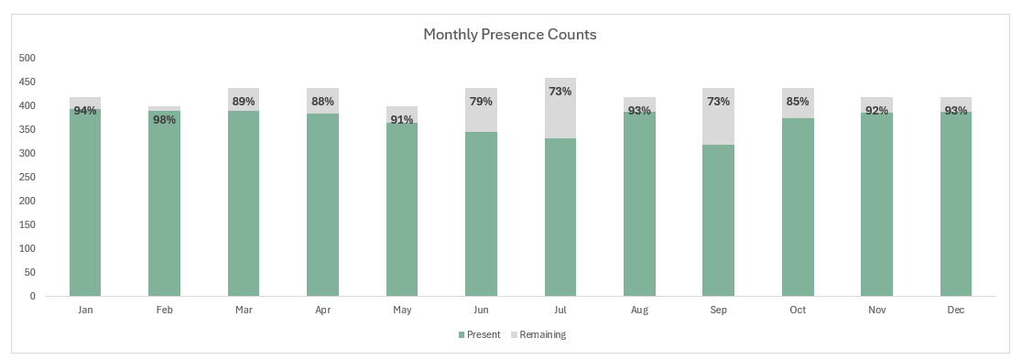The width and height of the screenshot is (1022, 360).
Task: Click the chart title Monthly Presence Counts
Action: [x=509, y=35]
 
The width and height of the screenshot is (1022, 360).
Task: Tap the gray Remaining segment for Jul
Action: [x=560, y=115]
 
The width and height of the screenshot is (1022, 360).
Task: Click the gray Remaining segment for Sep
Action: [x=719, y=124]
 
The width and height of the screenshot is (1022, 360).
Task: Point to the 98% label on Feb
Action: [x=165, y=120]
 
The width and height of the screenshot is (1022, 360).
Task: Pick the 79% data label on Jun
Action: [x=482, y=101]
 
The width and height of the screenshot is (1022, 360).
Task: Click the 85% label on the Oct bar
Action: [x=798, y=102]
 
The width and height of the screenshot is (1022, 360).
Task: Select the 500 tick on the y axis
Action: [x=27, y=58]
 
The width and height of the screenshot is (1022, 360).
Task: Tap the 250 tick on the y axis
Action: [x=27, y=177]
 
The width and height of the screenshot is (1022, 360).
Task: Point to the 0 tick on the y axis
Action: [x=32, y=296]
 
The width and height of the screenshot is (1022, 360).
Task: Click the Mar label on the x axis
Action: [x=244, y=311]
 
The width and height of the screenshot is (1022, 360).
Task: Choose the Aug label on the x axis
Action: [x=639, y=311]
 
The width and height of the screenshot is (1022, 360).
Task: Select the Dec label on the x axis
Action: [x=956, y=311]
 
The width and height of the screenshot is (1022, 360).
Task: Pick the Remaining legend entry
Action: [x=542, y=334]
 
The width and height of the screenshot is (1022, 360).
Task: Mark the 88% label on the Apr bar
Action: [x=323, y=102]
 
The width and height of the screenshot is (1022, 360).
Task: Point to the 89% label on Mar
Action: [x=244, y=102]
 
